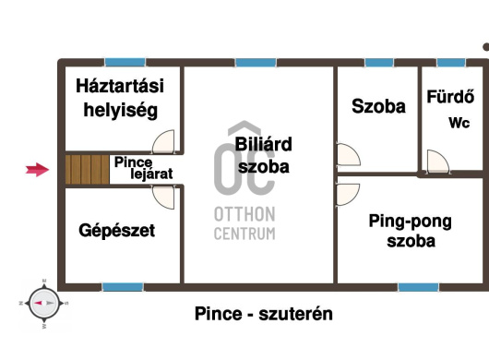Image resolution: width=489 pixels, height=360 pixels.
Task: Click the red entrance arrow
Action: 37,170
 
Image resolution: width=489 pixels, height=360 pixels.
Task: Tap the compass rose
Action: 43,303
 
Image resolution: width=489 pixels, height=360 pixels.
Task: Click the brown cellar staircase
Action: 87,170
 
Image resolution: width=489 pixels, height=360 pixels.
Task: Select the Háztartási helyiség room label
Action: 120,98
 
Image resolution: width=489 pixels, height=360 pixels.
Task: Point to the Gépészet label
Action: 117,231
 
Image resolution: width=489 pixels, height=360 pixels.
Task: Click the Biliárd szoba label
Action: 264,155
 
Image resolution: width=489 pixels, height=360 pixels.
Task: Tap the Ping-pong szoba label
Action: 411,231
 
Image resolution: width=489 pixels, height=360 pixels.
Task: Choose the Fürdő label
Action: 450,97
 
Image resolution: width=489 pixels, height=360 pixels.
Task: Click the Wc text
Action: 459,123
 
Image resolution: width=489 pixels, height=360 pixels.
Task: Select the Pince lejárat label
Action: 143,168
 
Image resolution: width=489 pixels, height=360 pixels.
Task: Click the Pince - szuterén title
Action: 264,314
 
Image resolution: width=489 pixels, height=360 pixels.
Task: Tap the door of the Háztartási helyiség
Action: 163,141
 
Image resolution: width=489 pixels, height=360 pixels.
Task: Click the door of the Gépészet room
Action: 163,198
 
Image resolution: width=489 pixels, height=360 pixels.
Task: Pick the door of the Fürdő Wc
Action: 438,161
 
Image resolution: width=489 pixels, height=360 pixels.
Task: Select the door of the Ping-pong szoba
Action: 348,195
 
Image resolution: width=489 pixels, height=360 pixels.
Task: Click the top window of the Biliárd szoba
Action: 256,63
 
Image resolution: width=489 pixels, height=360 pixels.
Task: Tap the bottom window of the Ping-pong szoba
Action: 419,287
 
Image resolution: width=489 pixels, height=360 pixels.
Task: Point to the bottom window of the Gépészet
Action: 123,287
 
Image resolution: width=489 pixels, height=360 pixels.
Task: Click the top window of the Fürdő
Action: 451,63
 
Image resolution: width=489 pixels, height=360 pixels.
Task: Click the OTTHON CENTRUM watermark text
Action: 244,223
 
